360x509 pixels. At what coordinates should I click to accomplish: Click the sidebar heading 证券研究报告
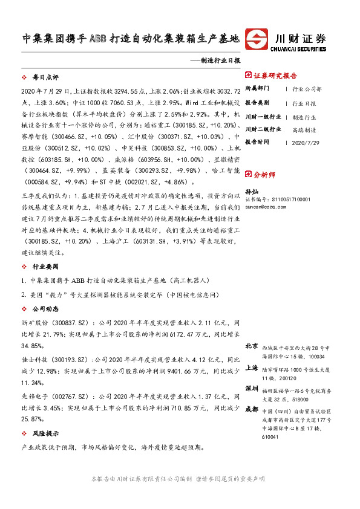(275, 76)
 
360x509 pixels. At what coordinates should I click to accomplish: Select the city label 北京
(252, 347)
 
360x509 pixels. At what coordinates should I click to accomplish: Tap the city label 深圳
(252, 388)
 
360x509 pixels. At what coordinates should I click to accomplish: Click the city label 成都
(252, 409)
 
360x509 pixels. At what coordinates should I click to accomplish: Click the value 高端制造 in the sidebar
(303, 129)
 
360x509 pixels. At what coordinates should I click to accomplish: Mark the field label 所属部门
(258, 89)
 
